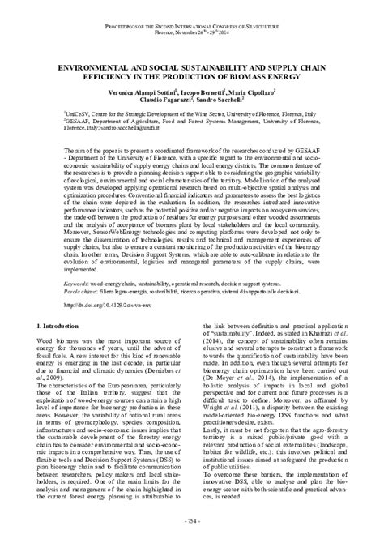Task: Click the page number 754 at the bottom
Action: tap(191, 519)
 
